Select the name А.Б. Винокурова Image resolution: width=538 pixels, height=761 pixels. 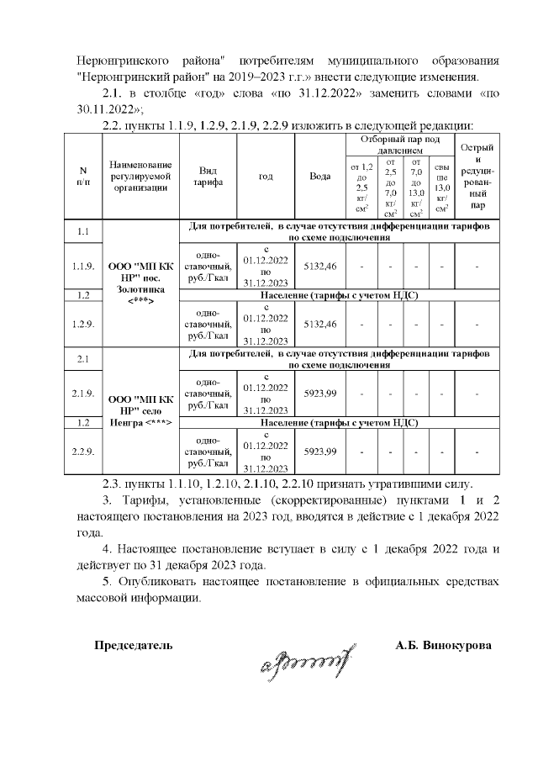pyautogui.click(x=444, y=646)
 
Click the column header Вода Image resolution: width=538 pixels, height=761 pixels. pyautogui.click(x=319, y=177)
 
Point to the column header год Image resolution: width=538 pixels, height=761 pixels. pyautogui.click(x=266, y=177)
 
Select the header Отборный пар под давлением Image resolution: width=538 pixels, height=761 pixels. pyautogui.click(x=399, y=143)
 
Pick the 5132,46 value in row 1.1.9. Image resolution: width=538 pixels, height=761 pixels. pyautogui.click(x=319, y=266)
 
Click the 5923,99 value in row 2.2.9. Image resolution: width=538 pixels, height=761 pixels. pyautogui.click(x=319, y=452)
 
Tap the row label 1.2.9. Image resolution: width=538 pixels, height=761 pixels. pyautogui.click(x=83, y=324)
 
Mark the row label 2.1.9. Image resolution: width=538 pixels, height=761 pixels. pyautogui.click(x=83, y=394)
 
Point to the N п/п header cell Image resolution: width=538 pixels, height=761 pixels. pyautogui.click(x=83, y=177)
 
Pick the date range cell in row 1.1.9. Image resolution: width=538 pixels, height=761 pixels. pyautogui.click(x=266, y=266)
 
